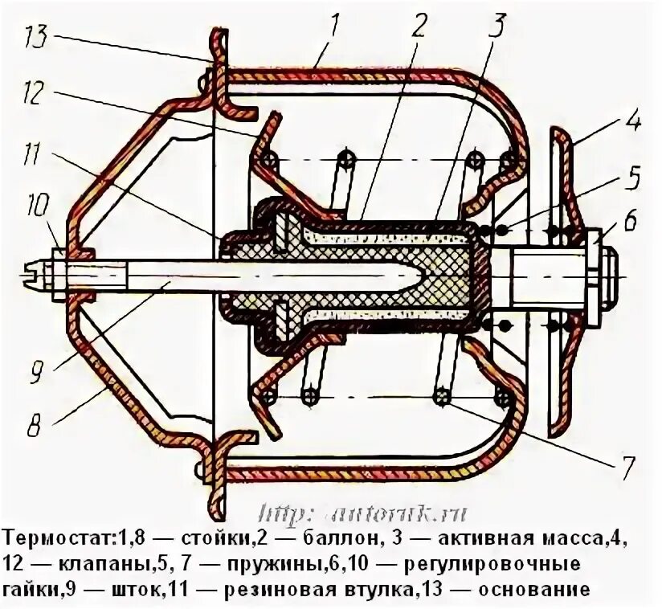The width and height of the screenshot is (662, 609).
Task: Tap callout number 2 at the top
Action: click(418, 27)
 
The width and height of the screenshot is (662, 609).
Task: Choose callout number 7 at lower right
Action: click(627, 464)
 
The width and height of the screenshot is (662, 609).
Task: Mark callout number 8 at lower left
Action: click(35, 425)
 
